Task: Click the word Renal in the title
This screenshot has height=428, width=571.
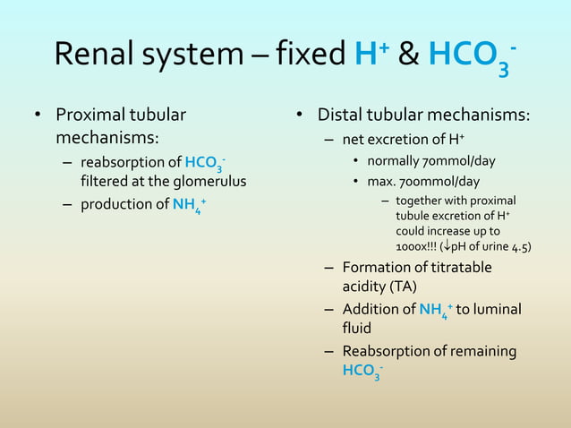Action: coord(94,56)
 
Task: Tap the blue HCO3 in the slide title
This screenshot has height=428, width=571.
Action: coord(470,56)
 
